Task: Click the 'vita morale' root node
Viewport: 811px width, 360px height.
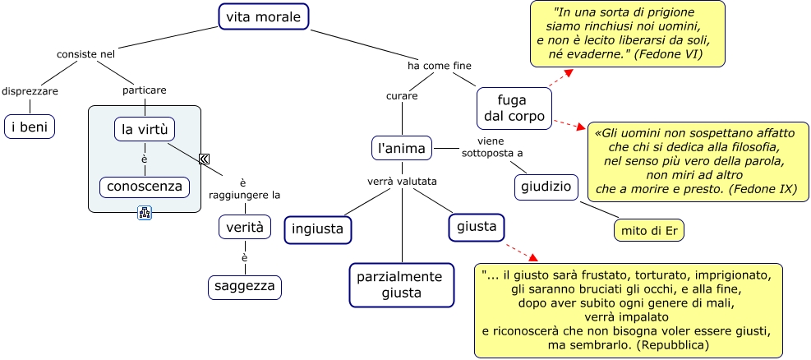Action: click(264, 16)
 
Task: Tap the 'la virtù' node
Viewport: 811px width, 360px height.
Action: click(145, 129)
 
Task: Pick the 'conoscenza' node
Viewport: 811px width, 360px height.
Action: click(145, 187)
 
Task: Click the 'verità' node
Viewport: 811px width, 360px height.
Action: click(244, 227)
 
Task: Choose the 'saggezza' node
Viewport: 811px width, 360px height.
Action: click(244, 287)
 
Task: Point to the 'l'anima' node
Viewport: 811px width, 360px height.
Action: click(402, 148)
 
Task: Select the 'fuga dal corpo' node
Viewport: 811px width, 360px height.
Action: click(515, 108)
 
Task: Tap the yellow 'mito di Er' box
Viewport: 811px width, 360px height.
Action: click(649, 229)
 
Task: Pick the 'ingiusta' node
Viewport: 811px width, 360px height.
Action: click(318, 229)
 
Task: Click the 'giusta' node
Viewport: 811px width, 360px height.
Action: click(477, 227)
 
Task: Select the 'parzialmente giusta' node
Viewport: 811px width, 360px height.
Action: click(401, 284)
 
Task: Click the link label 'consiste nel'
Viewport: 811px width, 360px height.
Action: click(85, 54)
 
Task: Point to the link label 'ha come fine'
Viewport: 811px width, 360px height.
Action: click(440, 65)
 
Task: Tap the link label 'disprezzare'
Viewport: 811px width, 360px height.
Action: click(30, 90)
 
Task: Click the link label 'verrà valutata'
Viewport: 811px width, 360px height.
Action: click(402, 181)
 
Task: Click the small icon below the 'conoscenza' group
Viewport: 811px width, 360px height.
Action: click(145, 213)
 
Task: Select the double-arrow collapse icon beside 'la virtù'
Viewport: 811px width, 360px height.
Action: click(204, 159)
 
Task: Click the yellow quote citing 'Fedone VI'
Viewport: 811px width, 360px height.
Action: click(627, 35)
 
